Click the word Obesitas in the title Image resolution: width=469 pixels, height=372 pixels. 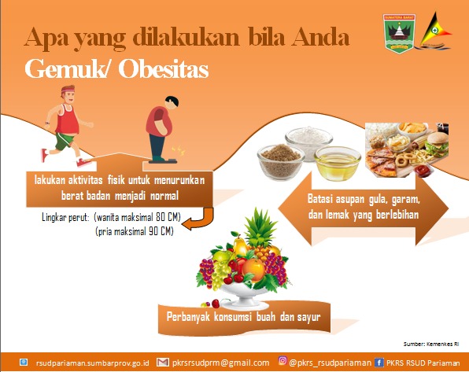164,69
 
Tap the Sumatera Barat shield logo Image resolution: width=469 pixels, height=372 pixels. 399,34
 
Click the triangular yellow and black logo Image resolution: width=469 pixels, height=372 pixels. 435,31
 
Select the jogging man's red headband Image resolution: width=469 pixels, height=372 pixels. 68,89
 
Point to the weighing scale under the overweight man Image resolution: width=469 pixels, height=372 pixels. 163,161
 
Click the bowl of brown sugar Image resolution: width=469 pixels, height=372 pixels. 281,162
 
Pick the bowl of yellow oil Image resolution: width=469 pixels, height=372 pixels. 338,164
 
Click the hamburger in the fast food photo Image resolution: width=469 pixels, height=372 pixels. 438,145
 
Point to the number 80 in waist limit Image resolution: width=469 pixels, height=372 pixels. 161,217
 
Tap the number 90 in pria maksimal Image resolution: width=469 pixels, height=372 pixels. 153,231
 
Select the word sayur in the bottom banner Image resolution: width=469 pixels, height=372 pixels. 308,317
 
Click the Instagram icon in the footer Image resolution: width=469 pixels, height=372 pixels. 283,361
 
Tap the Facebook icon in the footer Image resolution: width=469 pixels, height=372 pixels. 379,363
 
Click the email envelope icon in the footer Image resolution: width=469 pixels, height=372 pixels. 163,363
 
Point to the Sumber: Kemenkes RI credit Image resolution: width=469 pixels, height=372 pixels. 431,344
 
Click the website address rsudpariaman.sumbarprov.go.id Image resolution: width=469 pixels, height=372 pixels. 92,363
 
